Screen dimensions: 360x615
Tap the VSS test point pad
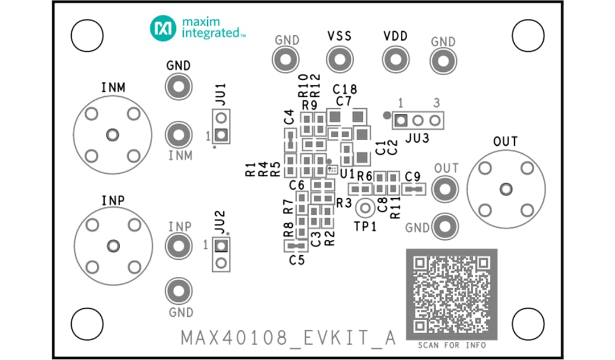click(x=339, y=59)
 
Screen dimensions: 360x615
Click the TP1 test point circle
click(x=365, y=208)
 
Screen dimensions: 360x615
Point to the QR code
click(x=451, y=294)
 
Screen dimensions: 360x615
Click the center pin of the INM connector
click(x=113, y=135)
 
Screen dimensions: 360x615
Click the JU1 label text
click(x=221, y=94)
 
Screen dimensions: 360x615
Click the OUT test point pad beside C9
click(x=445, y=189)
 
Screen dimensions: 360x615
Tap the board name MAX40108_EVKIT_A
click(x=288, y=337)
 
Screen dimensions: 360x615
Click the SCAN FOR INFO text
click(x=452, y=345)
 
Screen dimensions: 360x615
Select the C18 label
click(x=345, y=89)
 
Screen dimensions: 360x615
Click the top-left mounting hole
click(x=87, y=36)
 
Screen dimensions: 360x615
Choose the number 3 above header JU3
click(x=436, y=104)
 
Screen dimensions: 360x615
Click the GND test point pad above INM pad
click(x=178, y=87)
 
